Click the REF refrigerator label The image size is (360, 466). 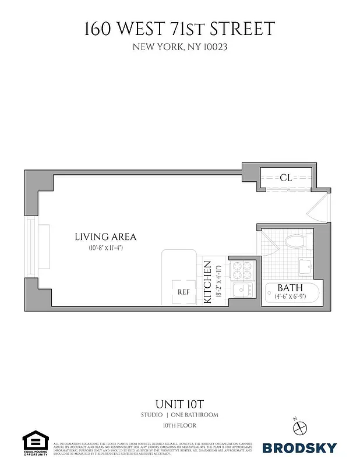click(183, 292)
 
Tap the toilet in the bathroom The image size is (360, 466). click(298, 242)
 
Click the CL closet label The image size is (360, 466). click(285, 178)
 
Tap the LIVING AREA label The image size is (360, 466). click(105, 237)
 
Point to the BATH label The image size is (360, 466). click(289, 288)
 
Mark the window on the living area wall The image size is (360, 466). click(30, 248)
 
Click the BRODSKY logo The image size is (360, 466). click(299, 447)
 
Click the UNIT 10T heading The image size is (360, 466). click(179, 403)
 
